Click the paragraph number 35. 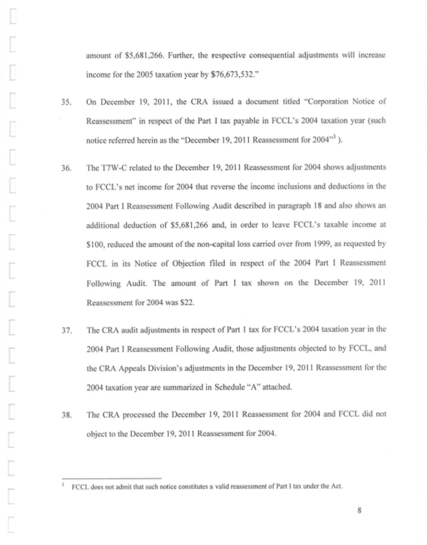point(66,101)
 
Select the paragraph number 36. point(66,167)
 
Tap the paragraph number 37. point(66,329)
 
